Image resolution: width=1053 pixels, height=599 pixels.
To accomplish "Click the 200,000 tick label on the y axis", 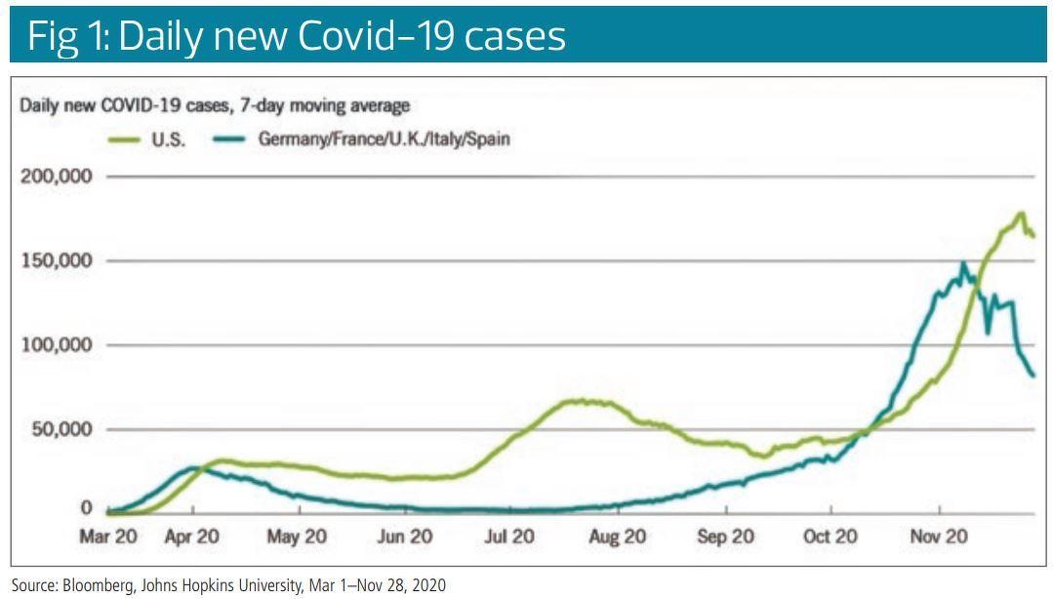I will (x=57, y=177).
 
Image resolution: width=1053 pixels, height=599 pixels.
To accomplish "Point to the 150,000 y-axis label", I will (x=57, y=261).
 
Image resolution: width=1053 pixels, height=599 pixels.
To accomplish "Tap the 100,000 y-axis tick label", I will (x=57, y=345).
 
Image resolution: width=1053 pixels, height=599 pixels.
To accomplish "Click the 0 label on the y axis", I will (x=86, y=509).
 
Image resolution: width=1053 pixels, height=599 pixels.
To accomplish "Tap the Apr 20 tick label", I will (x=192, y=537).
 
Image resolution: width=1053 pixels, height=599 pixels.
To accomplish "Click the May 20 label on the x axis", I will (x=298, y=537).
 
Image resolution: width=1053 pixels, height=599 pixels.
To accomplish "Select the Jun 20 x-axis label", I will (x=404, y=537).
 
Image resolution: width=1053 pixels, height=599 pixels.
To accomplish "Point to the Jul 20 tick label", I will (x=509, y=537).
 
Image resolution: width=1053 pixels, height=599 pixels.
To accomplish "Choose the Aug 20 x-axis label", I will (x=618, y=537).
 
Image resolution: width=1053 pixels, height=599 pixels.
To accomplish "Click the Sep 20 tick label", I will (x=726, y=537).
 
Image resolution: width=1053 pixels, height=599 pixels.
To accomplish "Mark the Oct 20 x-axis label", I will (x=830, y=537).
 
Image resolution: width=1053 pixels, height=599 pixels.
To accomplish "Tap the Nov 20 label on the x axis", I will (x=938, y=537).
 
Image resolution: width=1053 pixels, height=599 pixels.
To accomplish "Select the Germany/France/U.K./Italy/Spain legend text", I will (x=384, y=139).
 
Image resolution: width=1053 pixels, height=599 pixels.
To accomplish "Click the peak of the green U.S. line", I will (x=1021, y=214).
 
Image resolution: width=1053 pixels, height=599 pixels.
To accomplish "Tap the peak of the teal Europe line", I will (x=963, y=263).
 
